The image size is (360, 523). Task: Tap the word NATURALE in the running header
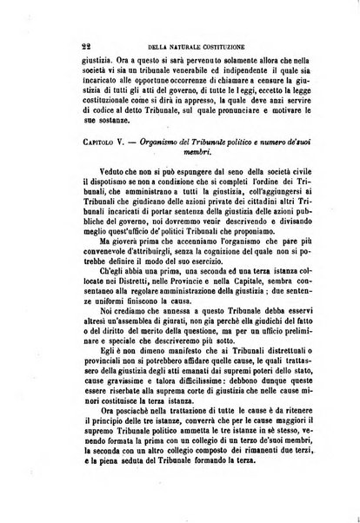coord(191,48)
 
